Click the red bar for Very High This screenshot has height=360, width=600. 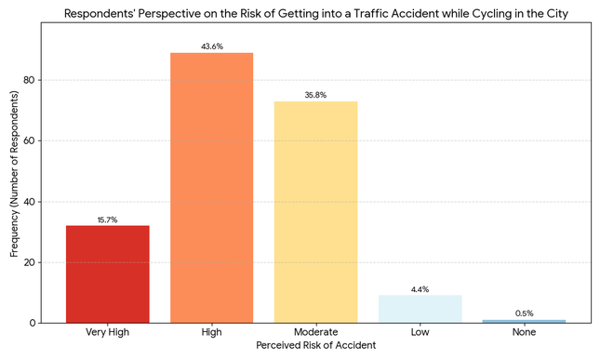tap(107, 274)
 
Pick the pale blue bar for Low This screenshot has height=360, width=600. tap(420, 309)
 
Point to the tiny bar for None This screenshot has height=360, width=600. tap(524, 321)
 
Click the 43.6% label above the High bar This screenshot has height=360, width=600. tap(211, 47)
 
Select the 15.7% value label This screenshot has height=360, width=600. tap(107, 220)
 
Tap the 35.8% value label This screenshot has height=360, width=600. tap(315, 95)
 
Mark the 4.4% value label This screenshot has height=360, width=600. tap(420, 289)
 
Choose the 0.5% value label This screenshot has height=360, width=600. tap(524, 313)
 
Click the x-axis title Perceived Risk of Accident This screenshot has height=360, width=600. tap(315, 346)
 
